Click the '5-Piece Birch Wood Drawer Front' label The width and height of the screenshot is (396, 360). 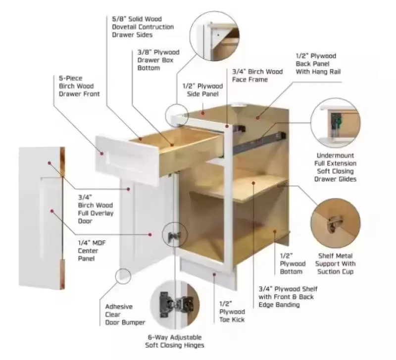(x=79, y=86)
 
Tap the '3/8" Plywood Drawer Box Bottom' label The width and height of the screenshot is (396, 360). (x=158, y=60)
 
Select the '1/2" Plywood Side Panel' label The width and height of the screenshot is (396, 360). (x=203, y=90)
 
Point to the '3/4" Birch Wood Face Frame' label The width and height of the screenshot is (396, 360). (x=257, y=76)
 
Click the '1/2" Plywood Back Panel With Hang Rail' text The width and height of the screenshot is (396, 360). (x=318, y=64)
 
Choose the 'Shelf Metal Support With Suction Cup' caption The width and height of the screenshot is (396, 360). (x=336, y=264)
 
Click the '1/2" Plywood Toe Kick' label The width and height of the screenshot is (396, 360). (x=232, y=312)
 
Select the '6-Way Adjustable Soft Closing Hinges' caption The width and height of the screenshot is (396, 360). (x=175, y=341)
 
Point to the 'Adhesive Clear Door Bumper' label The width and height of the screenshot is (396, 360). (x=125, y=314)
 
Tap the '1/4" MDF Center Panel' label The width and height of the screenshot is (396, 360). (x=92, y=251)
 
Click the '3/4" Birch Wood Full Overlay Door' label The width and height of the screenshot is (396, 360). (x=96, y=209)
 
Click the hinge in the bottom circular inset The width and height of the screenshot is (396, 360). (x=175, y=304)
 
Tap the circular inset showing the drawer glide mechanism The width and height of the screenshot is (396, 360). (x=336, y=123)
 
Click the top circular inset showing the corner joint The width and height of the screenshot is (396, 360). (x=214, y=36)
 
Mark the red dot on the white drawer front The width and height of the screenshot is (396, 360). (x=102, y=154)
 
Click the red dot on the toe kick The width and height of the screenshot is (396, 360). (x=214, y=274)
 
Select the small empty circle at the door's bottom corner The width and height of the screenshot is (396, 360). (x=123, y=276)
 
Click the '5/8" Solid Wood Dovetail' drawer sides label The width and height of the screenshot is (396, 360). (x=143, y=27)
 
